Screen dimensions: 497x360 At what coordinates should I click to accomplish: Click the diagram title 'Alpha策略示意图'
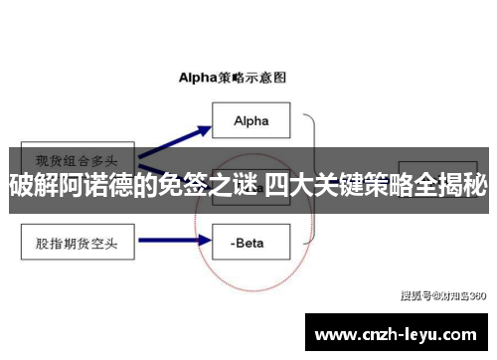(232, 75)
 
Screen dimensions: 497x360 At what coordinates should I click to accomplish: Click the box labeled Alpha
(250, 121)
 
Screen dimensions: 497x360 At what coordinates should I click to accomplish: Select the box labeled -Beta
(250, 239)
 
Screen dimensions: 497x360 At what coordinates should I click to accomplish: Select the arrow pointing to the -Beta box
(175, 239)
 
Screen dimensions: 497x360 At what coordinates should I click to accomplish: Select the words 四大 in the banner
(287, 184)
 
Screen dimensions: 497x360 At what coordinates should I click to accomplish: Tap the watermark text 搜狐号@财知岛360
(442, 294)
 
